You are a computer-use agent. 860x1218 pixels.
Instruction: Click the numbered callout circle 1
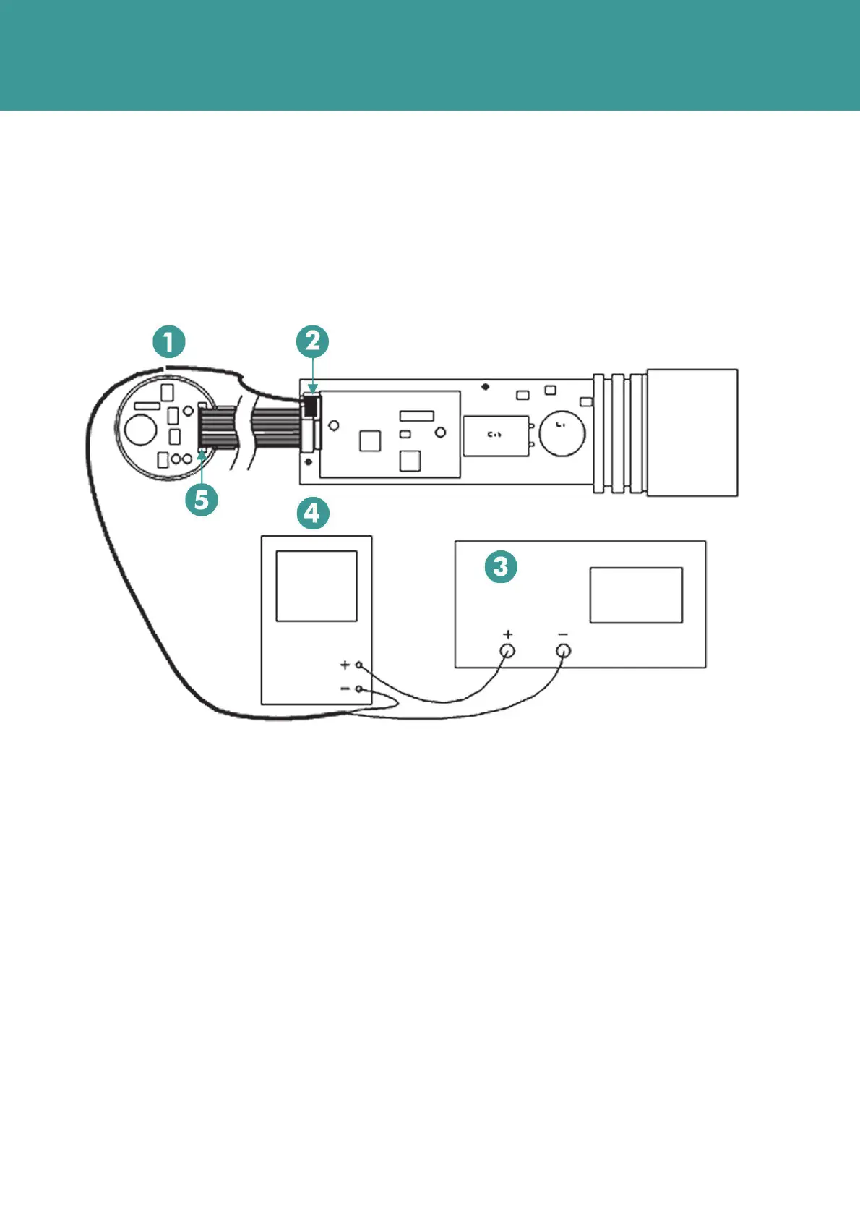[169, 341]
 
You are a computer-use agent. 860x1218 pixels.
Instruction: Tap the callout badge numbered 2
[312, 341]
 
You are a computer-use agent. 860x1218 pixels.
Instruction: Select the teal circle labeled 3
[501, 566]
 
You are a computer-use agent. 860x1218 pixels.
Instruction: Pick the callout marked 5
[202, 499]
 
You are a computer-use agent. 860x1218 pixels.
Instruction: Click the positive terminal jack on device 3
[508, 651]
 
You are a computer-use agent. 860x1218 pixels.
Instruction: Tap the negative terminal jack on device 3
[564, 651]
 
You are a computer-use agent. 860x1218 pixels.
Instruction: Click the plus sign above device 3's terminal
[508, 634]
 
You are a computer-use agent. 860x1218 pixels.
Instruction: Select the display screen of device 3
[636, 595]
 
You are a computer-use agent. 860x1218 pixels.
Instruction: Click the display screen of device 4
[317, 586]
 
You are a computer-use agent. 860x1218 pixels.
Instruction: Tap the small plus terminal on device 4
[358, 665]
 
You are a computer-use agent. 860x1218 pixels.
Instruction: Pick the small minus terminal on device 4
[358, 689]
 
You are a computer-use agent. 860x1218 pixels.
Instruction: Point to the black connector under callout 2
[311, 406]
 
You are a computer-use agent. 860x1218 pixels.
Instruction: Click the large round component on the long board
[562, 434]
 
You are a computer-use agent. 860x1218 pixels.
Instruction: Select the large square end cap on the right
[692, 433]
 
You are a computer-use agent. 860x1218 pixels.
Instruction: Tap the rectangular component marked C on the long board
[495, 435]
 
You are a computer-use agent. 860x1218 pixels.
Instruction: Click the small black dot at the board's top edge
[486, 386]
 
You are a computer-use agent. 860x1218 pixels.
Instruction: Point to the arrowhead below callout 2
[312, 390]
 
